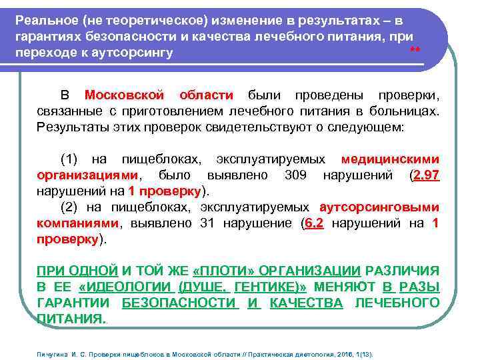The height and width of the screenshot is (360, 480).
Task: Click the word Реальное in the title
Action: click(43, 21)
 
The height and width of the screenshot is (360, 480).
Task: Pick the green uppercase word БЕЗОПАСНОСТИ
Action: click(180, 303)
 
